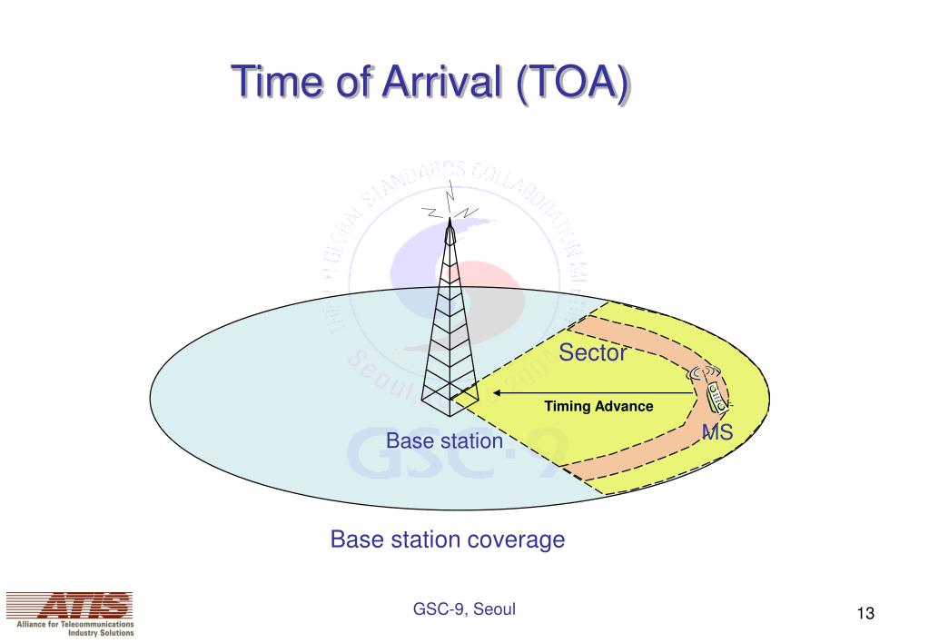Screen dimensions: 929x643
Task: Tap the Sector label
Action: pyautogui.click(x=593, y=353)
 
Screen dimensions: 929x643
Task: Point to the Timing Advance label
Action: pyautogui.click(x=598, y=406)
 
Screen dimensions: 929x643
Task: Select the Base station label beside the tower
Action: pyautogui.click(x=444, y=441)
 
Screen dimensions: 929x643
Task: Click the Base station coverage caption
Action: pyautogui.click(x=447, y=540)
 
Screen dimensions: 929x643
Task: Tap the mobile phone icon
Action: pyautogui.click(x=717, y=396)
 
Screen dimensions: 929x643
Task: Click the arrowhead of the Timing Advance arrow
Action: pyautogui.click(x=499, y=394)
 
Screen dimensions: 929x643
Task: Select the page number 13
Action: pyautogui.click(x=865, y=615)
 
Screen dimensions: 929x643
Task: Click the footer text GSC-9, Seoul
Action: pyautogui.click(x=463, y=609)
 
